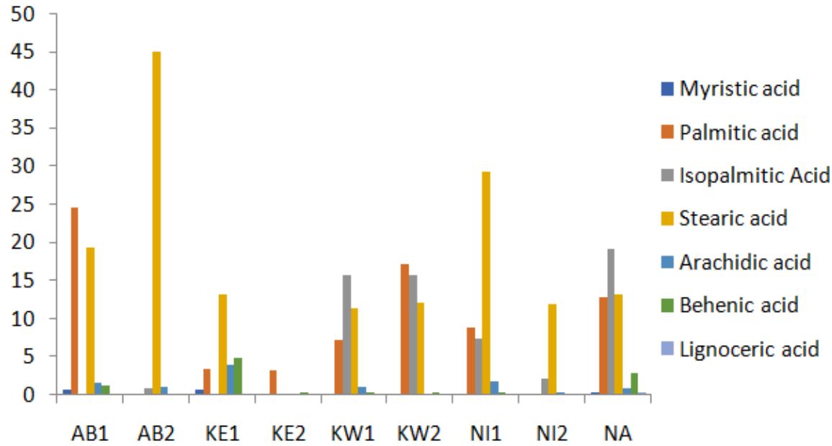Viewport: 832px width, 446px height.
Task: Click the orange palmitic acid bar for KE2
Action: tap(272, 382)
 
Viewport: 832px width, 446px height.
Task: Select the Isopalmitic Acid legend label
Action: tap(754, 175)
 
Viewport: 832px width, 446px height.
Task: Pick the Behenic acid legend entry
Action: tap(738, 305)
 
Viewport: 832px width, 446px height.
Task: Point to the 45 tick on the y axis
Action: tap(29, 53)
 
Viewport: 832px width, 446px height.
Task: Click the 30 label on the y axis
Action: tap(29, 166)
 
